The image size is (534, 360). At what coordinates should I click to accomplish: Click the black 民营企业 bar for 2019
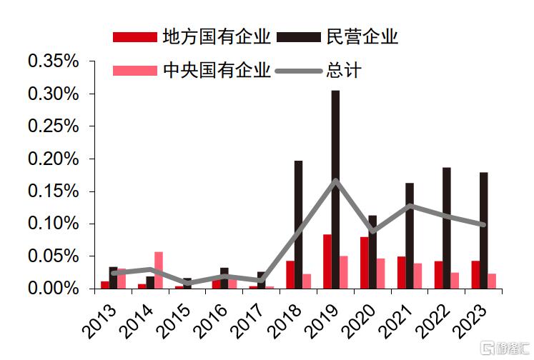(x=335, y=189)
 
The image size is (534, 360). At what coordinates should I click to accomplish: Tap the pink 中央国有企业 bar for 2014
(x=159, y=270)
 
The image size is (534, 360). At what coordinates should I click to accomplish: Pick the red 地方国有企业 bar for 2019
(x=327, y=261)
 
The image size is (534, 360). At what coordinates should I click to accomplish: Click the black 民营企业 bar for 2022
(x=446, y=228)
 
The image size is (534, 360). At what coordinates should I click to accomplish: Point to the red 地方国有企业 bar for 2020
(x=364, y=262)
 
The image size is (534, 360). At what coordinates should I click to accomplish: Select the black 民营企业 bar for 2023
(x=483, y=230)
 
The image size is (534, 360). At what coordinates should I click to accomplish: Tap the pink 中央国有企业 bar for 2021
(x=418, y=276)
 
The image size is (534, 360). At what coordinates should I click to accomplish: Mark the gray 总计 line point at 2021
(x=410, y=206)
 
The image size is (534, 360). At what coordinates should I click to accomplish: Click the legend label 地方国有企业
(x=217, y=36)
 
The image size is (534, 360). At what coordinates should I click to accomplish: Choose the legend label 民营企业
(x=362, y=36)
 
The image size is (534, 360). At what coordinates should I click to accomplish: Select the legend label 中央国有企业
(x=217, y=71)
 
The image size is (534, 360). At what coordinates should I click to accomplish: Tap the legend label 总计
(x=344, y=71)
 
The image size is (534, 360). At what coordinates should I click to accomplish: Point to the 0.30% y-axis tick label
(x=52, y=94)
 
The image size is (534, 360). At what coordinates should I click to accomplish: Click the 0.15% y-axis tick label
(x=52, y=191)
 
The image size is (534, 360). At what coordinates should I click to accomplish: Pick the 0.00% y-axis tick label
(x=52, y=288)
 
